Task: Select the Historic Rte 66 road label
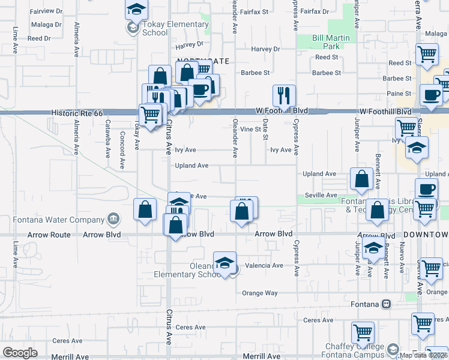tap(77, 112)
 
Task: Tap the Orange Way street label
tap(259, 293)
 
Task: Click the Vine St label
tap(250, 129)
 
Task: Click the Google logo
tap(20, 353)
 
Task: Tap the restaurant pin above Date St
tap(283, 95)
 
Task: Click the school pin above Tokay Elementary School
tap(136, 10)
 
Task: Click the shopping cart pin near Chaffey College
tap(363, 332)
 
